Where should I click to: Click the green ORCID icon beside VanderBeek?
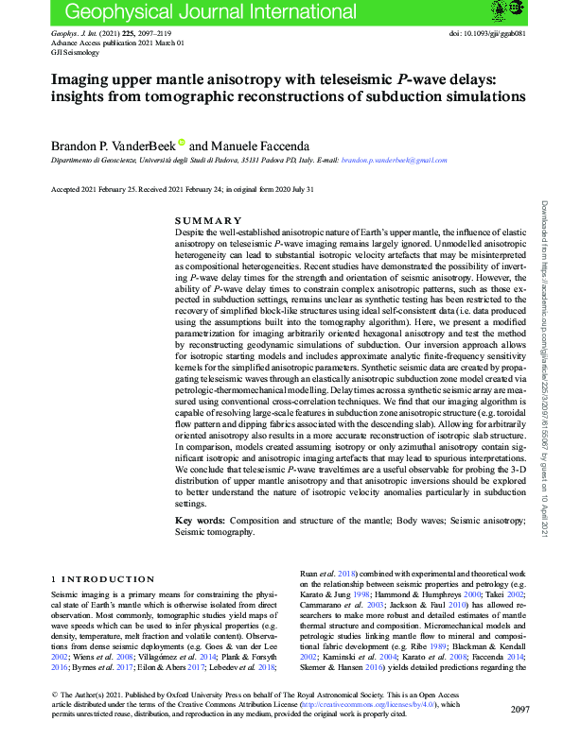pos(182,145)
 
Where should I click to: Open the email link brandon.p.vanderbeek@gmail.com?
pos(381,161)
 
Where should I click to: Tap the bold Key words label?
pos(199,522)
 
